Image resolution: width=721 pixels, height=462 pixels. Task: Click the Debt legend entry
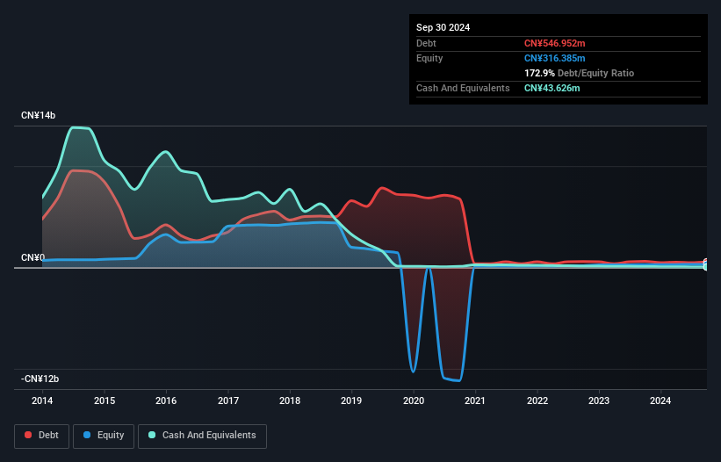point(41,435)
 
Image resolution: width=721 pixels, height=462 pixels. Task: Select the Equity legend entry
point(104,435)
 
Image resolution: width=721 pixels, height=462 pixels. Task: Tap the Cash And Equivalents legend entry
point(202,435)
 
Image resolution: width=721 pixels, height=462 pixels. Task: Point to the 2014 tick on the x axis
point(42,401)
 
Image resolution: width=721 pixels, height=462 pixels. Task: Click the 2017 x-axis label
point(228,401)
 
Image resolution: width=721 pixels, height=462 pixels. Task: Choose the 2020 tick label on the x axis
point(414,401)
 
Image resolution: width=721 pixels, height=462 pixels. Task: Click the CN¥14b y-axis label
point(38,116)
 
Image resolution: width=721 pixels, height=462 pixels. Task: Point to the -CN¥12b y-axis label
point(40,379)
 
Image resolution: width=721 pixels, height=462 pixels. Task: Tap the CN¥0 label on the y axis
point(32,257)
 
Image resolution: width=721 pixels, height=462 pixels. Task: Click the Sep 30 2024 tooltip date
point(443,27)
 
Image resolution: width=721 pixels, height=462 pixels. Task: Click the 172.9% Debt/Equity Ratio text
point(579,73)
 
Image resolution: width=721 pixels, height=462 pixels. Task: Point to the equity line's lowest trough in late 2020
point(458,380)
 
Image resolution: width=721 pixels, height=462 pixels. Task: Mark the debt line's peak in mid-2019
point(382,188)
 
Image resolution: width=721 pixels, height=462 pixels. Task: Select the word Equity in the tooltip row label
point(430,58)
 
